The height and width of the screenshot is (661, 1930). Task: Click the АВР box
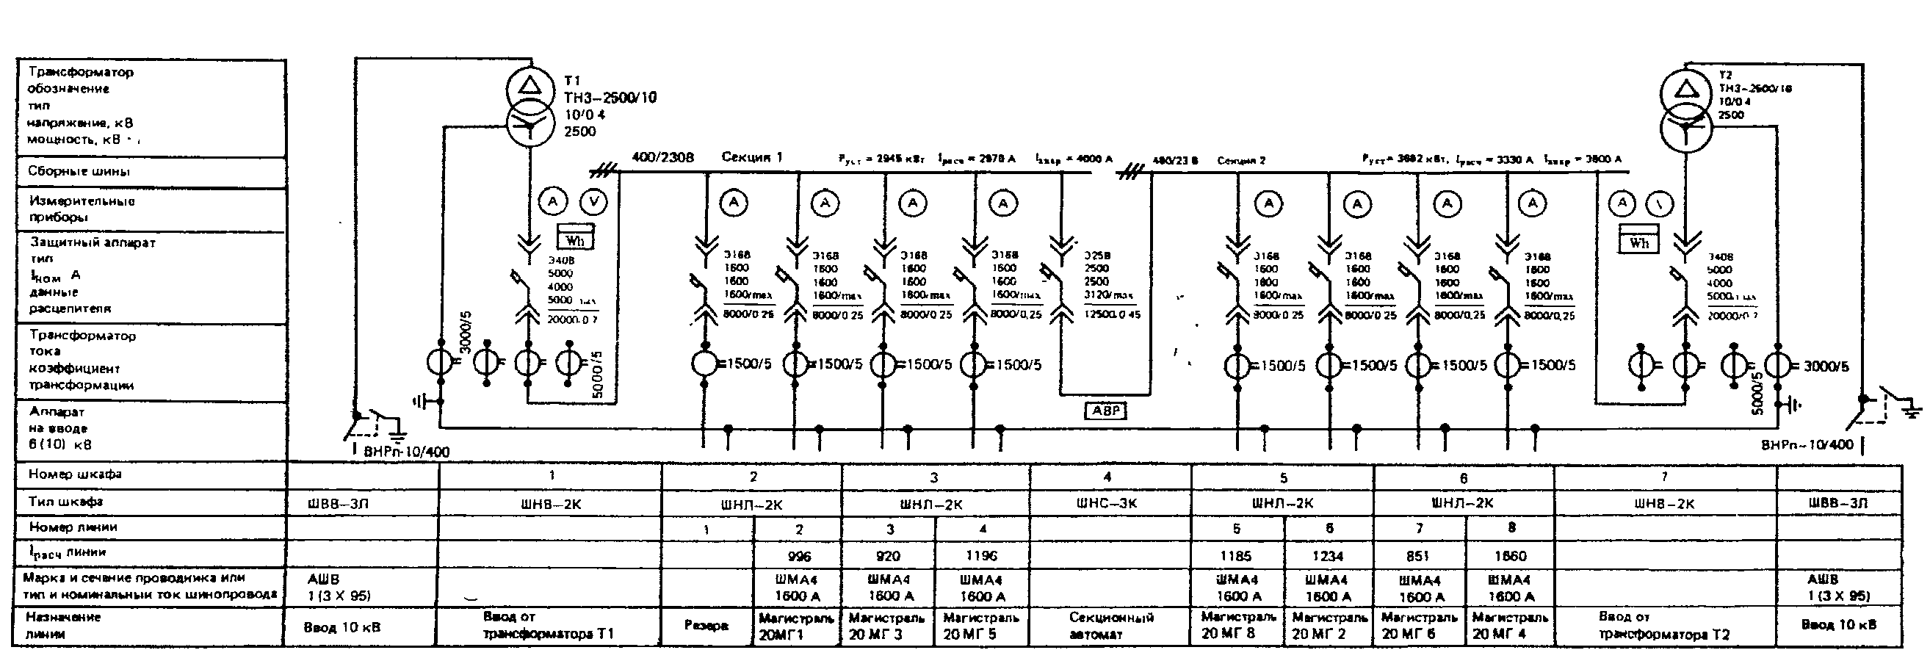[1106, 411]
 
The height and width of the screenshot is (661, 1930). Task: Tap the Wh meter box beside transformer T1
[574, 238]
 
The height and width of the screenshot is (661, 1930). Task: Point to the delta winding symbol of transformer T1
[529, 85]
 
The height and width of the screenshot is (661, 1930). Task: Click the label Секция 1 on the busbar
[751, 156]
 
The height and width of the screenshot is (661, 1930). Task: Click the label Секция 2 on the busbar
[1240, 160]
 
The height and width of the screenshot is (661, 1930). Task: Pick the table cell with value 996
[799, 556]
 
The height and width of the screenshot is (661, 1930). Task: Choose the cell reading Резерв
[706, 625]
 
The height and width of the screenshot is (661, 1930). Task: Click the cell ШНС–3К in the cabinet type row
[1107, 504]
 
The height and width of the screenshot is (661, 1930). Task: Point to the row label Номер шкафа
[75, 474]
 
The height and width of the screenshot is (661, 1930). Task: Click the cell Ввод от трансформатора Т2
[1663, 626]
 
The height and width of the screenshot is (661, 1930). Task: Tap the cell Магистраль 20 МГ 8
[1237, 626]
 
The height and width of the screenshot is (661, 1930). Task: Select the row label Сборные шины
[79, 171]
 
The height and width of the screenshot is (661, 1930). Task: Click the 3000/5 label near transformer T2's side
[1826, 366]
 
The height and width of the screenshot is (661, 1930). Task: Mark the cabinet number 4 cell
[1107, 477]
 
